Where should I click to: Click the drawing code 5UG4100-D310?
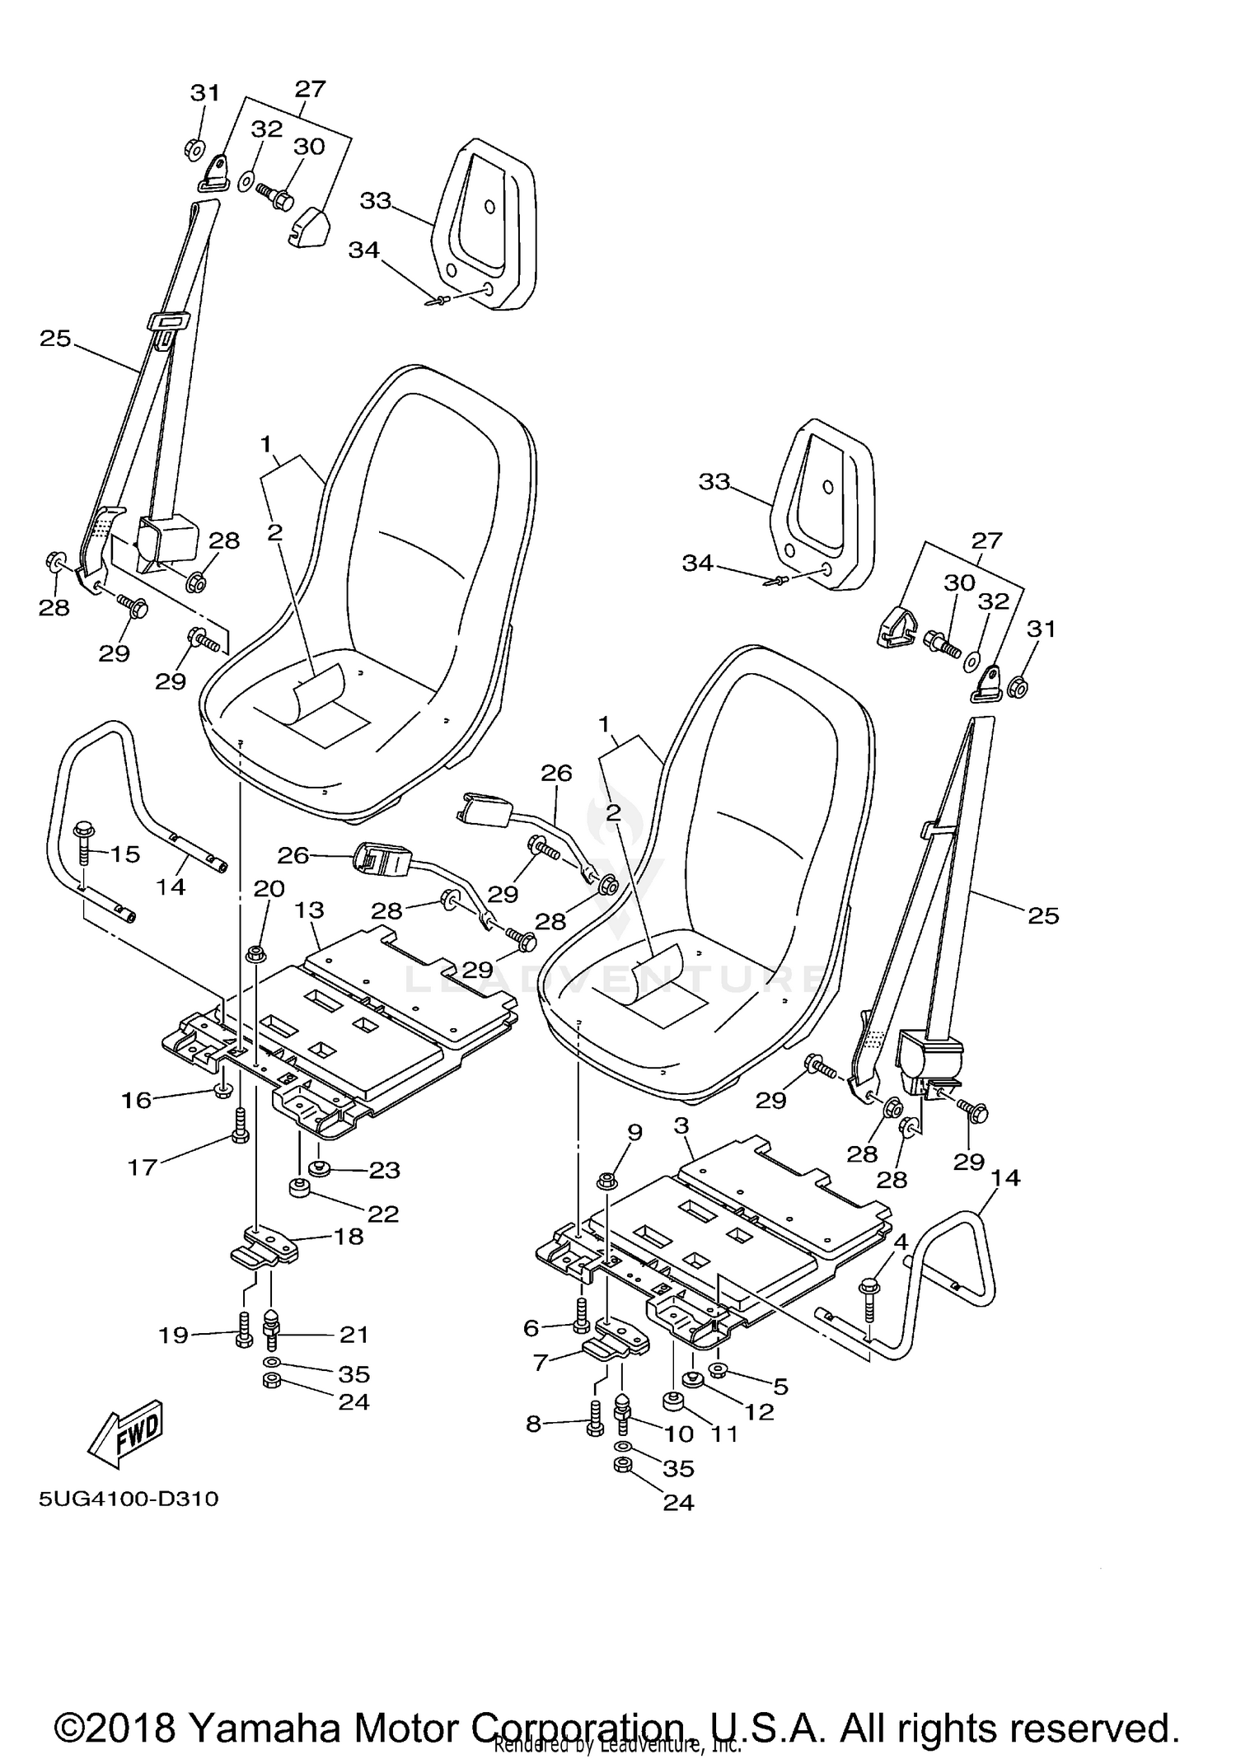(x=129, y=1499)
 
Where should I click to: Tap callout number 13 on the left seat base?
(x=310, y=910)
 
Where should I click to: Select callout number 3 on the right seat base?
(x=681, y=1125)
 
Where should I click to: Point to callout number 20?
(x=269, y=889)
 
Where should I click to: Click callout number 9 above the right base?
(x=634, y=1133)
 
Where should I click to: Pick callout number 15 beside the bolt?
(x=125, y=854)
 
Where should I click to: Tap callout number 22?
(x=384, y=1214)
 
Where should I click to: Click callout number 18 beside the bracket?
(x=349, y=1236)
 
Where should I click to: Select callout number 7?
(x=541, y=1363)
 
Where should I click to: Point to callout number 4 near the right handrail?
(x=901, y=1241)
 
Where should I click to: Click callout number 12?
(x=759, y=1412)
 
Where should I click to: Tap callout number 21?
(x=354, y=1334)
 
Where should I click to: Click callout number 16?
(x=137, y=1100)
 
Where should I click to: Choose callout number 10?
(x=679, y=1434)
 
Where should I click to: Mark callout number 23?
(x=384, y=1170)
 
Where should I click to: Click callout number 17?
(x=142, y=1167)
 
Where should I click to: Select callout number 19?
(x=174, y=1335)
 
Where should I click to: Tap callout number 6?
(x=531, y=1327)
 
